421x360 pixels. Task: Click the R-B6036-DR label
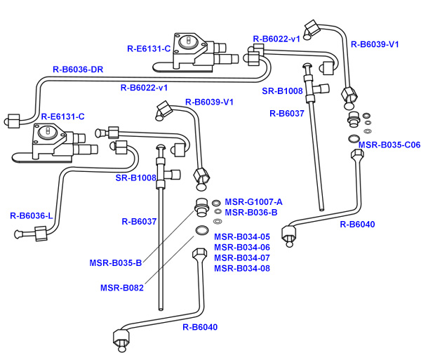[78, 70]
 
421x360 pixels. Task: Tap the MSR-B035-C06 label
[389, 145]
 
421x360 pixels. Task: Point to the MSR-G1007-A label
[254, 201]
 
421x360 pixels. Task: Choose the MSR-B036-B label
[251, 212]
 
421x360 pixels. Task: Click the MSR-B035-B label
[116, 263]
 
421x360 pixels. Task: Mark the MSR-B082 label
[121, 287]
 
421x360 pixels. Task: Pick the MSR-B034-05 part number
[242, 236]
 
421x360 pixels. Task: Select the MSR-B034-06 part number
[242, 247]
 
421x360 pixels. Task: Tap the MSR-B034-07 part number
[242, 258]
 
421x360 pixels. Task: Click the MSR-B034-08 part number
[242, 268]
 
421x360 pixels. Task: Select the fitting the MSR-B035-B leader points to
[201, 208]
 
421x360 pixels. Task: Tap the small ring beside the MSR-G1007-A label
[217, 203]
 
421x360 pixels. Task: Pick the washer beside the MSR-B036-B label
[218, 212]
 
